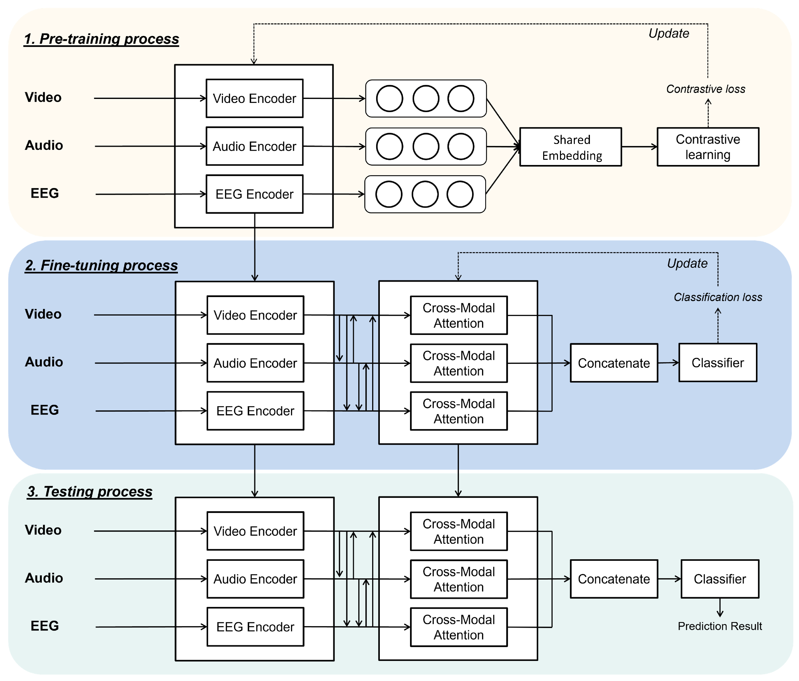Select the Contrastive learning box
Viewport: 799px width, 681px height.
(x=708, y=147)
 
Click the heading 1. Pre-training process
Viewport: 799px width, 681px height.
(x=101, y=39)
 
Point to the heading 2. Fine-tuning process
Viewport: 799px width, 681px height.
(x=101, y=265)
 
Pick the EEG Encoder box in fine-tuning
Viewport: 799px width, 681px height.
(x=255, y=411)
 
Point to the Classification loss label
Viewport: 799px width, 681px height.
(x=718, y=297)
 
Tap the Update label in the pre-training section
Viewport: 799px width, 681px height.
(x=669, y=34)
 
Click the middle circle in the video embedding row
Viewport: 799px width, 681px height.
(x=426, y=99)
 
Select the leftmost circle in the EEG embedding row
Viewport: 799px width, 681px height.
(x=389, y=194)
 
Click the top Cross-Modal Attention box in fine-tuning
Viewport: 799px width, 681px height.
(x=459, y=315)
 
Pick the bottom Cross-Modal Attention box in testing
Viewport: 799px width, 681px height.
(x=459, y=627)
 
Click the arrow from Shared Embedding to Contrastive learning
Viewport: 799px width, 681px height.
(x=639, y=147)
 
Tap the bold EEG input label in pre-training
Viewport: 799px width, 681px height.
(x=45, y=193)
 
